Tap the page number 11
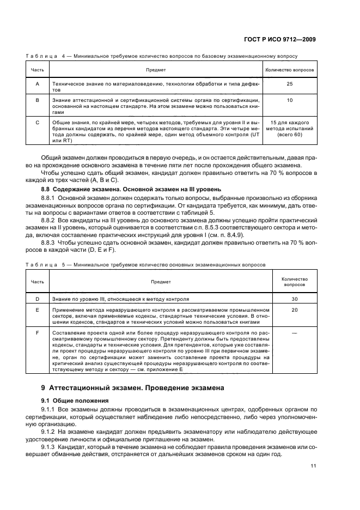(313, 465)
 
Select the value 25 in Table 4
(290, 84)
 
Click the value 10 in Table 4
(290, 100)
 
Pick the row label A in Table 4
(37, 84)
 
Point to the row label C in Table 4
(37, 123)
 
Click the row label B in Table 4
(37, 100)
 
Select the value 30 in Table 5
(295, 299)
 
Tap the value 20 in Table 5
(295, 309)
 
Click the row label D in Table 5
(37, 299)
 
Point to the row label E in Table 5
(37, 309)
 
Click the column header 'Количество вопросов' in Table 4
(290, 70)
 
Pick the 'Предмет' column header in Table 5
(164, 282)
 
